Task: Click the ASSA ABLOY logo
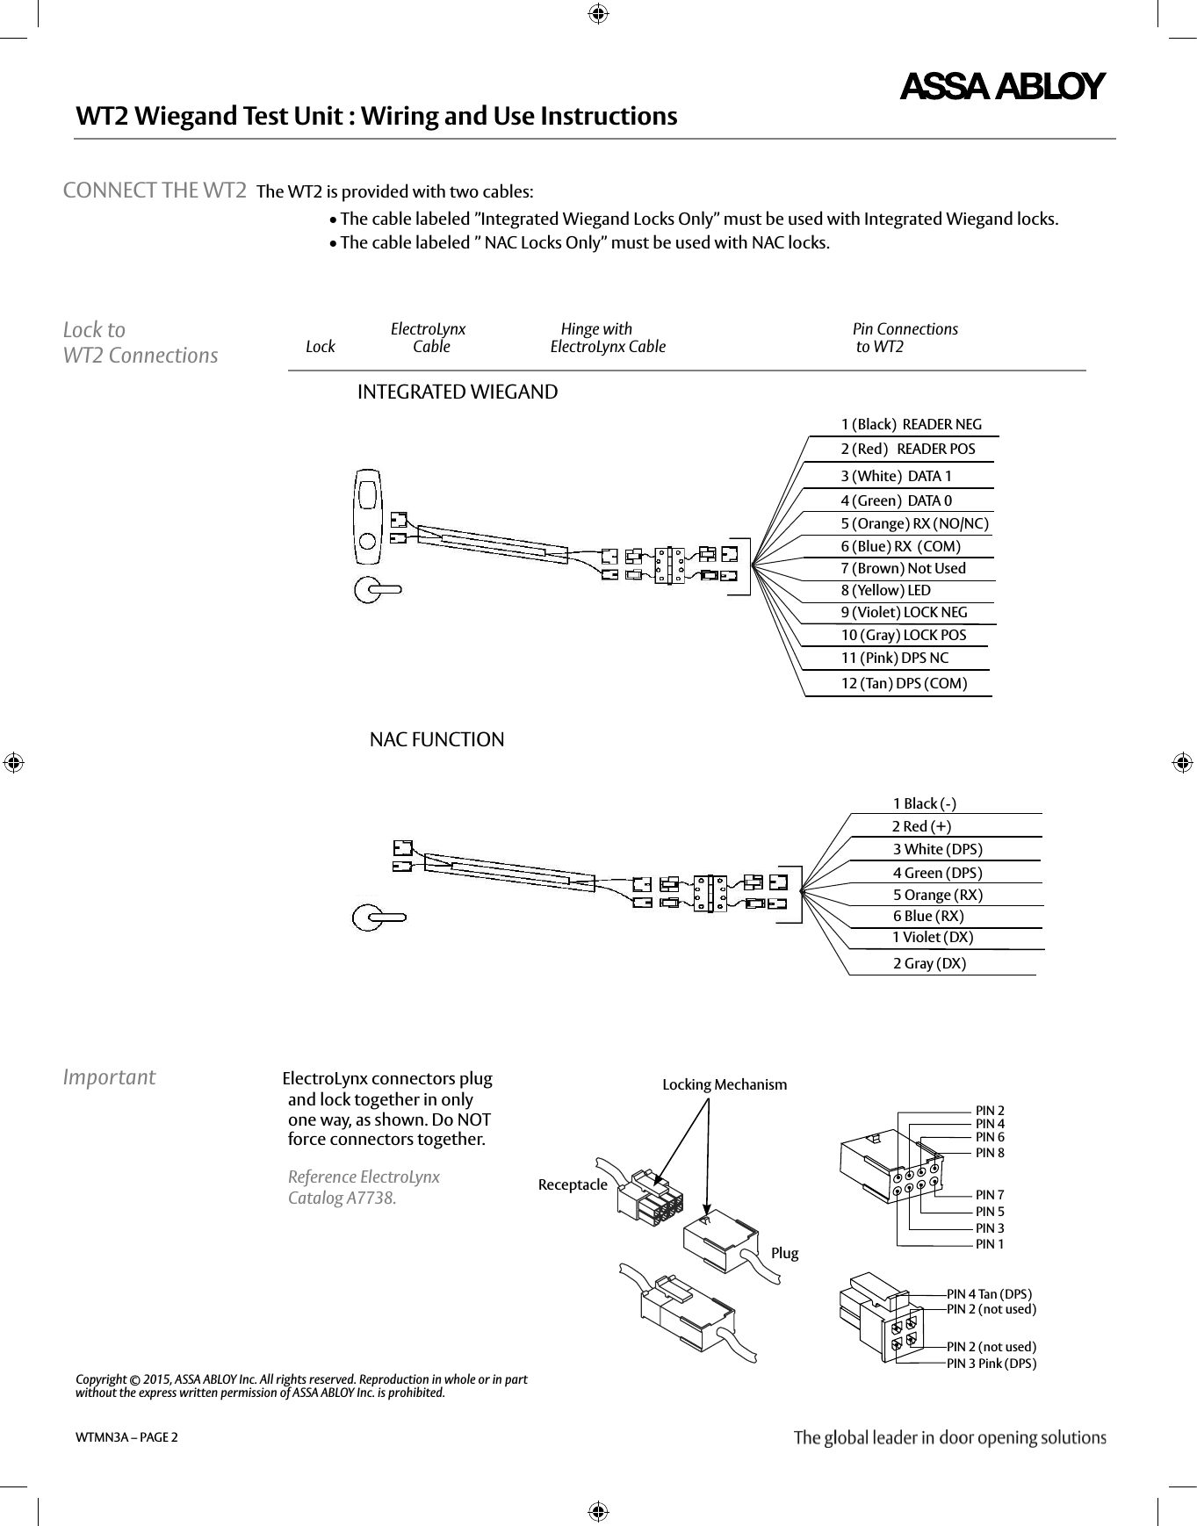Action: click(x=1001, y=87)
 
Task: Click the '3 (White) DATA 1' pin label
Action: click(x=896, y=476)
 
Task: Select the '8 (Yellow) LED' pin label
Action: click(x=885, y=590)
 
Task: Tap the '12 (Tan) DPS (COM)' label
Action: click(x=904, y=683)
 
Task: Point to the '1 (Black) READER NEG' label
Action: click(x=911, y=424)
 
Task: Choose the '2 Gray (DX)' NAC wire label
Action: click(x=929, y=963)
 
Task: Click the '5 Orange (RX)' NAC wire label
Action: click(x=937, y=895)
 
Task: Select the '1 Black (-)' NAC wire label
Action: click(x=924, y=803)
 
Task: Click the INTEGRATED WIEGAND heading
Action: click(x=457, y=392)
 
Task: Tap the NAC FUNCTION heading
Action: click(x=436, y=739)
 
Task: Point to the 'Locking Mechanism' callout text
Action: click(x=725, y=1084)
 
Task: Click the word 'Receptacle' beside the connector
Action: click(x=573, y=1184)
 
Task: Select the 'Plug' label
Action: click(x=784, y=1253)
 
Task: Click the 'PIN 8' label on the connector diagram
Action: click(x=990, y=1153)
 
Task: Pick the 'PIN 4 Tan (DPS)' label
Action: click(x=989, y=1293)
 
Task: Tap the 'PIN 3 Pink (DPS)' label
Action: click(x=991, y=1364)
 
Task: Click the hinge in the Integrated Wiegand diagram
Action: click(x=670, y=565)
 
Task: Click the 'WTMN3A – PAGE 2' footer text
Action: click(x=126, y=1437)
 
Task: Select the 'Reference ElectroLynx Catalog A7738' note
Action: click(x=364, y=1187)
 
